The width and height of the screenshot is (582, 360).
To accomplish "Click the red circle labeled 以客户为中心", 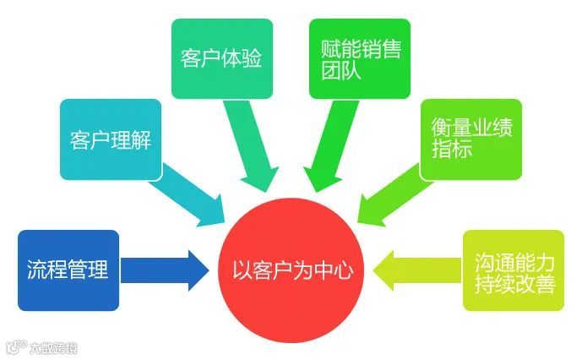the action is coord(291,270).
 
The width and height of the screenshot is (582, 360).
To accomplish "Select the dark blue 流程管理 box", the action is coord(68,270).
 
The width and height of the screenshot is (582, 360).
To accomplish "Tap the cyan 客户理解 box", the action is coord(110,139).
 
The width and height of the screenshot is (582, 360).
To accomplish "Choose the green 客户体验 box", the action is coord(221,58).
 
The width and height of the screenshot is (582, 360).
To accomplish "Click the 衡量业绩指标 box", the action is coord(470,139).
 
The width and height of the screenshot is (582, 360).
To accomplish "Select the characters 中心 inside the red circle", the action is coord(334,272).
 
